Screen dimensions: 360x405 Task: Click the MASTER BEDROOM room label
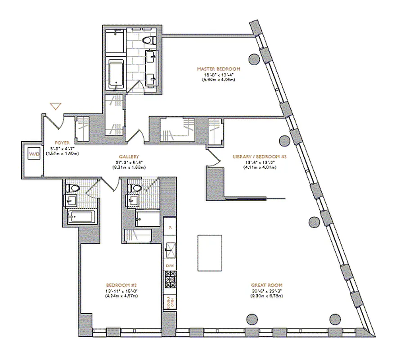click(218, 69)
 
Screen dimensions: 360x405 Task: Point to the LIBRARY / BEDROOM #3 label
click(260, 157)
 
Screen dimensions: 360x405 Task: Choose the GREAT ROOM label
click(267, 285)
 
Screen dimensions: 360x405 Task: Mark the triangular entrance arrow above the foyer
click(55, 107)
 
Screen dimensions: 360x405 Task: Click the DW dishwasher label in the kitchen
click(170, 266)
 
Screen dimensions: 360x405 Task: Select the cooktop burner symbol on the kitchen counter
click(170, 280)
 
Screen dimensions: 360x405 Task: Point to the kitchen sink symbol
click(170, 248)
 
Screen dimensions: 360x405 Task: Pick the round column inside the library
click(284, 141)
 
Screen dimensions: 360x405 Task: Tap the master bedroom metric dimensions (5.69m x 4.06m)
click(218, 80)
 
